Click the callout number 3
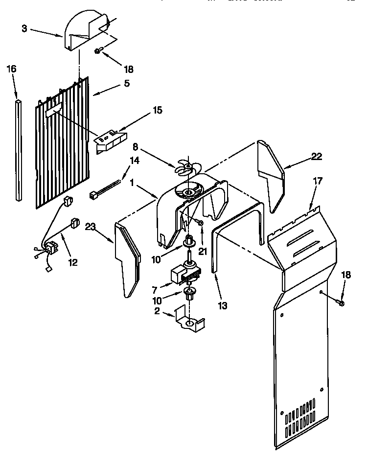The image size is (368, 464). (x=24, y=28)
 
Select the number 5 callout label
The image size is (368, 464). (x=127, y=83)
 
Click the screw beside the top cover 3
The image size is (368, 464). (x=98, y=51)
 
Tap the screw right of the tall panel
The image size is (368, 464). (x=342, y=303)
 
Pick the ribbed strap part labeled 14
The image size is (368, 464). (x=103, y=190)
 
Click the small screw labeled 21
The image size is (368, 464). (x=200, y=223)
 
